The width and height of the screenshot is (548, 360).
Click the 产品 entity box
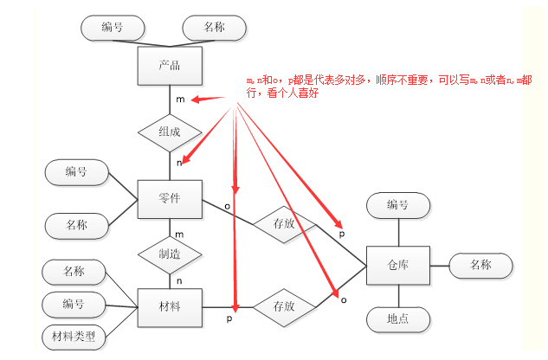[170, 66]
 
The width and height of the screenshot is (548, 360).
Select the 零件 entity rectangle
[170, 200]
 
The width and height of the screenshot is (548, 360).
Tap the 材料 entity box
[170, 306]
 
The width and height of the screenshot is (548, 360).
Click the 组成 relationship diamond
[170, 132]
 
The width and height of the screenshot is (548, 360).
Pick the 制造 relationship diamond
[170, 254]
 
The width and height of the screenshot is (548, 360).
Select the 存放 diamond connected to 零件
[284, 222]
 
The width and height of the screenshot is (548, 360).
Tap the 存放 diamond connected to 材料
[284, 306]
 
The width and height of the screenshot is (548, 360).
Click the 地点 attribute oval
[398, 319]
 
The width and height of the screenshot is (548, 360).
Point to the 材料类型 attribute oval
[74, 335]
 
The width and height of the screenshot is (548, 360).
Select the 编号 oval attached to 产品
[112, 28]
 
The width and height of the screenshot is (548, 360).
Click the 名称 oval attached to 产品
[215, 28]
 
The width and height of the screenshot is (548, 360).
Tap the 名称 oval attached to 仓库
[480, 265]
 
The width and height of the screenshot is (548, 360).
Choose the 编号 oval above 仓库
[398, 205]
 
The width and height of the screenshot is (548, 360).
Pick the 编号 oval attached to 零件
[76, 172]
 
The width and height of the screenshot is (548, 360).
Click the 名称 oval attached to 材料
[74, 273]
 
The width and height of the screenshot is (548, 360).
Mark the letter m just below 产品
[179, 100]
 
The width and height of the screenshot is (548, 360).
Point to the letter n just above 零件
[178, 162]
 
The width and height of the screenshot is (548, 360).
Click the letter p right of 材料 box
[229, 319]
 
